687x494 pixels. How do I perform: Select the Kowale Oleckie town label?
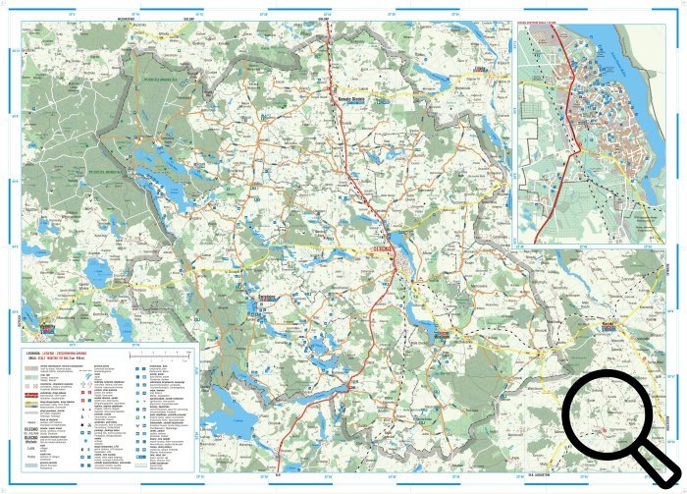[351, 98]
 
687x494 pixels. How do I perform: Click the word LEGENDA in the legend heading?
[38, 349]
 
